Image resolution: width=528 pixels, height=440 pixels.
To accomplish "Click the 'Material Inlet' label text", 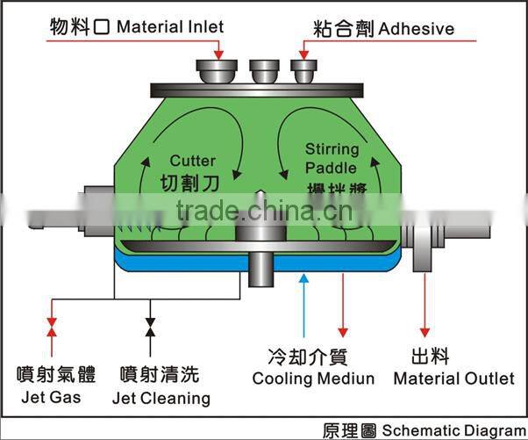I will point(169,26).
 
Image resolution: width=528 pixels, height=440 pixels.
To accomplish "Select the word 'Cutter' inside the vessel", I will point(192,161).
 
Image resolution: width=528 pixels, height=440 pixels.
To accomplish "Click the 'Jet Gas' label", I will point(52,398).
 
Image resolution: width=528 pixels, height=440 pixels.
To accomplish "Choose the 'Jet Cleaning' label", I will point(161,398).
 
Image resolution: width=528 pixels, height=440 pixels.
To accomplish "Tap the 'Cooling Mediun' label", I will point(312,379).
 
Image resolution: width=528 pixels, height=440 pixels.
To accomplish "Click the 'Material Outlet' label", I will point(453,379).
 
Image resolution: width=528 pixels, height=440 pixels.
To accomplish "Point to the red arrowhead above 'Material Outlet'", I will point(425,332).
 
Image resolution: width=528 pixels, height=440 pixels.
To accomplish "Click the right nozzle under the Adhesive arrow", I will point(303,69).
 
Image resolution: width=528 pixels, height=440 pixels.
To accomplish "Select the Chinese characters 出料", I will point(430,357).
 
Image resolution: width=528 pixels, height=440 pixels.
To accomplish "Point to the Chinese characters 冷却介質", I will point(307,357).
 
